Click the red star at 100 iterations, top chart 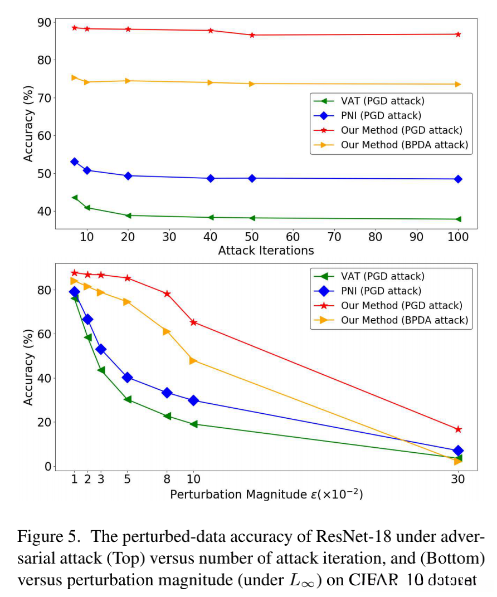pyautogui.click(x=458, y=35)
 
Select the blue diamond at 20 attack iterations pyautogui.click(x=128, y=176)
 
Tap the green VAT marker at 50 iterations pyautogui.click(x=252, y=218)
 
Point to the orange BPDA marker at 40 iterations pyautogui.click(x=211, y=82)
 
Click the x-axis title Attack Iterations pyautogui.click(x=266, y=251)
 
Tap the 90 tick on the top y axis pyautogui.click(x=43, y=23)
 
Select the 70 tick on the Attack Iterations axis pyautogui.click(x=334, y=237)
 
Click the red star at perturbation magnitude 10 pyautogui.click(x=193, y=322)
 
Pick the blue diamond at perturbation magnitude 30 pyautogui.click(x=458, y=451)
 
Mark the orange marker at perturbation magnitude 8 pyautogui.click(x=167, y=331)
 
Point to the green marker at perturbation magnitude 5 pyautogui.click(x=128, y=400)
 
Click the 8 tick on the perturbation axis pyautogui.click(x=167, y=479)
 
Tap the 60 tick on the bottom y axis pyautogui.click(x=43, y=334)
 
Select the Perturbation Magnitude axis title pyautogui.click(x=266, y=495)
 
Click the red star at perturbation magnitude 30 pyautogui.click(x=458, y=429)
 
